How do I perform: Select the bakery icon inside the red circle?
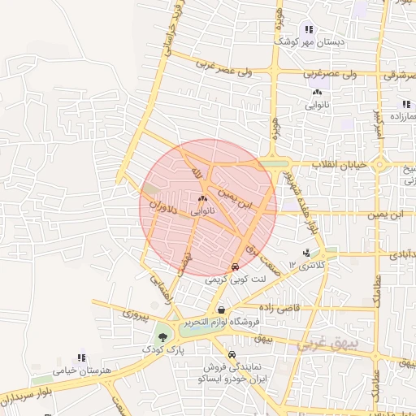202,198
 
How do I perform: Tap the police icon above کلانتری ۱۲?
305,253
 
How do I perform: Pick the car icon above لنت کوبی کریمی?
235,266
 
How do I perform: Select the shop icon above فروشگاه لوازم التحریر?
221,310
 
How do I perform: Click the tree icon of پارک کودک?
165,336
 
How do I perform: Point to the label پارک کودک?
166,349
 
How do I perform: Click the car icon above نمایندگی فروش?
233,355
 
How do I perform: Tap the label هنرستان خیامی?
80,370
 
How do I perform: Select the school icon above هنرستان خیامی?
80,357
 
